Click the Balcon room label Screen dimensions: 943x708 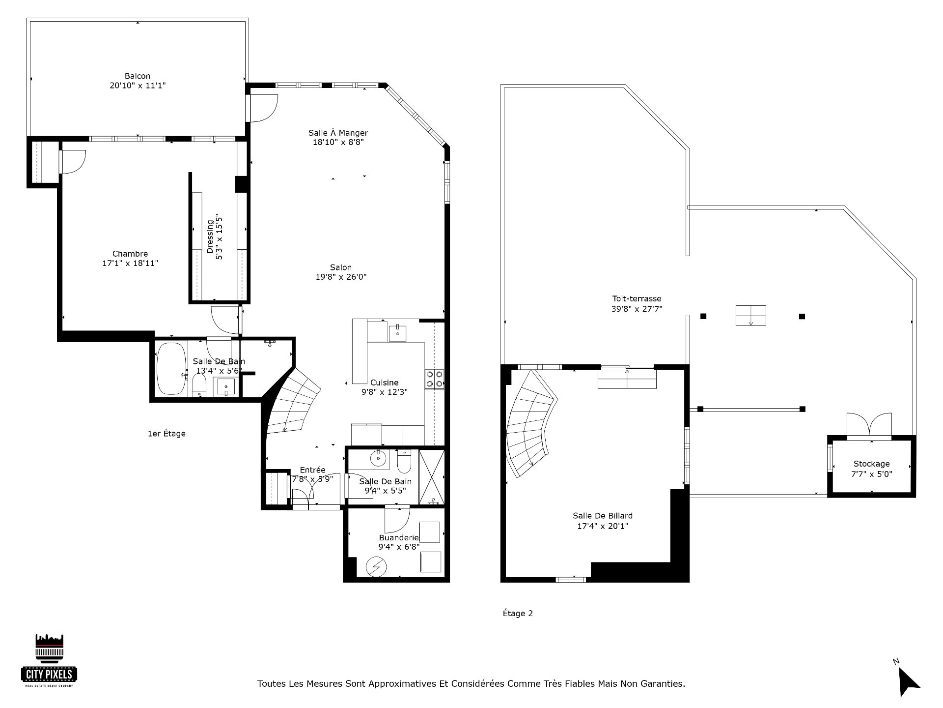138,76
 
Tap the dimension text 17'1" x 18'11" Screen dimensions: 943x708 130,264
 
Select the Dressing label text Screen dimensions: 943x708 210,236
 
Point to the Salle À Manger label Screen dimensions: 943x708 338,133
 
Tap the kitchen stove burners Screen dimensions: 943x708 435,379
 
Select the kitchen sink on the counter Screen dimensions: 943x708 397,333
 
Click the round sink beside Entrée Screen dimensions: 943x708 379,460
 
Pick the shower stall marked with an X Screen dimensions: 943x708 432,476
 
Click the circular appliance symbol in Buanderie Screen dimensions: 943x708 376,567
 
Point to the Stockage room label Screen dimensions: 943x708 871,464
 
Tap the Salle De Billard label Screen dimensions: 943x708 603,516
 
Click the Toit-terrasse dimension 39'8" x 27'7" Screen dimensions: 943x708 637,309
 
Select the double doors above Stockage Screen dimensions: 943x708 869,426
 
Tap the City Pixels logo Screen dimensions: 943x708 49,660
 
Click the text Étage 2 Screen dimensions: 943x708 518,613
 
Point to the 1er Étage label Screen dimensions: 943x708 166,434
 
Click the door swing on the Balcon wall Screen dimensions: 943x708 264,108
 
